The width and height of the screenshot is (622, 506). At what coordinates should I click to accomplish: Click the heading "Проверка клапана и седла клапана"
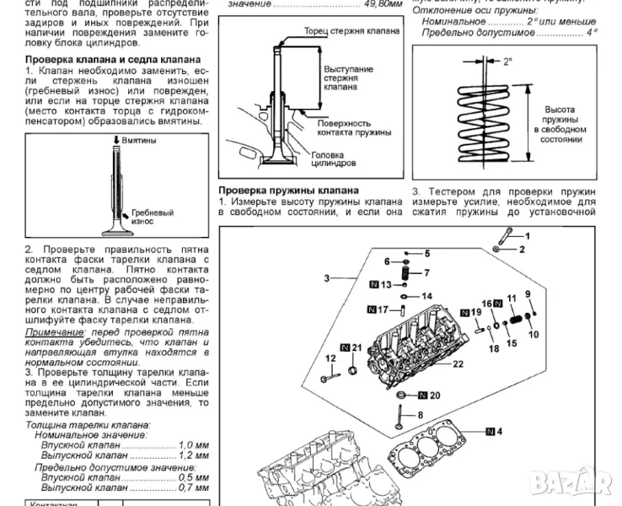tap(112, 60)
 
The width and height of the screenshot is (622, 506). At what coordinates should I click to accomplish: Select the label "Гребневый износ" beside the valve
tap(153, 218)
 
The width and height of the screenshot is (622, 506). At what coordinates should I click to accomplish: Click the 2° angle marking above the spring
tap(507, 62)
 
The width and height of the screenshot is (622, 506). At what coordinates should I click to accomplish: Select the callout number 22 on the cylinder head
tap(458, 364)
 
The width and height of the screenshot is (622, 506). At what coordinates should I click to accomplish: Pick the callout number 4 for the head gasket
tap(501, 432)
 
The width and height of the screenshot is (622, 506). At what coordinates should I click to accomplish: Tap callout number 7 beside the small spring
tap(426, 272)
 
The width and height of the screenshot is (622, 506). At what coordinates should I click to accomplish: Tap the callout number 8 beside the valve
tap(420, 415)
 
